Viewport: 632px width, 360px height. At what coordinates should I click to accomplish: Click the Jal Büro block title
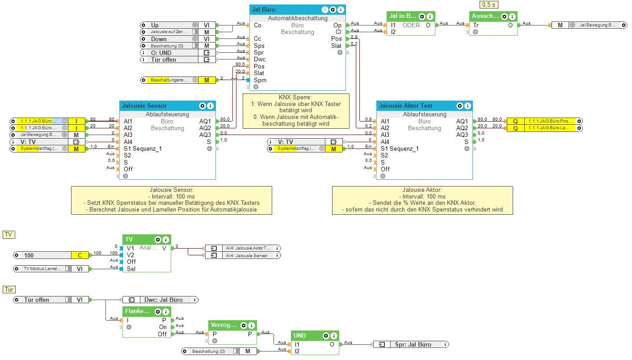pos(264,9)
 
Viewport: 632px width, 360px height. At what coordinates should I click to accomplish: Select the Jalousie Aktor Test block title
pos(405,106)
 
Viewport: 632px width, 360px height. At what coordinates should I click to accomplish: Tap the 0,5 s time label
pos(488,4)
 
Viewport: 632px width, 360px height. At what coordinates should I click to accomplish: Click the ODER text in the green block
pos(411,25)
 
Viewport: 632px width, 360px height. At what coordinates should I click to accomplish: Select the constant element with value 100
pos(42,255)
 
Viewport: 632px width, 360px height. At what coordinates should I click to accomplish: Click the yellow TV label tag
pos(9,235)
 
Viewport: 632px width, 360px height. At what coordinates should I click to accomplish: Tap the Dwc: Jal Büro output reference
pos(164,300)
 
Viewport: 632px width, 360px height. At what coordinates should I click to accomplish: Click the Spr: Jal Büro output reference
pos(413,344)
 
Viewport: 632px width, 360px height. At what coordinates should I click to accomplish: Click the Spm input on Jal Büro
pos(260,80)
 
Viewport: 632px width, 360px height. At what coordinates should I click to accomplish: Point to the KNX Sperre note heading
pos(295,97)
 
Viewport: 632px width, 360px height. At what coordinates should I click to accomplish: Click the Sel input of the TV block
pos(131,269)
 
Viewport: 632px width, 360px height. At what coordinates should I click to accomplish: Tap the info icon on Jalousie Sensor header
pos(211,106)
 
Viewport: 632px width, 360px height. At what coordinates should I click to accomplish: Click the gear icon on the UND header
pos(326,335)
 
